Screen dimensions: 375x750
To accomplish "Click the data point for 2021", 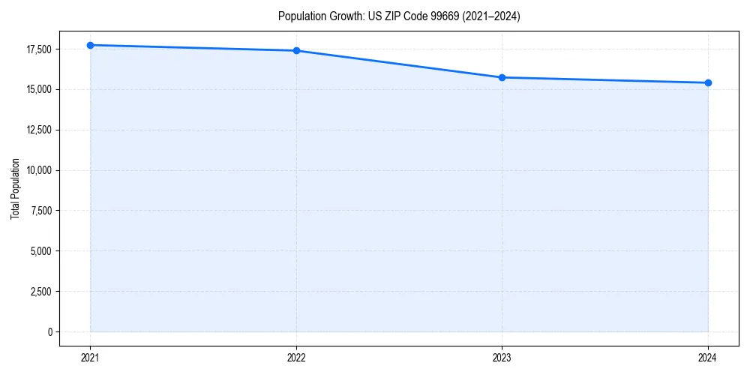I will click(x=90, y=45).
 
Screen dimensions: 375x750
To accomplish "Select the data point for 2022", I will click(x=296, y=50).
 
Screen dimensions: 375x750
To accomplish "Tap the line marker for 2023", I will click(x=502, y=77).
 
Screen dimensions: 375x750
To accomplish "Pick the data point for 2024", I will click(x=708, y=82).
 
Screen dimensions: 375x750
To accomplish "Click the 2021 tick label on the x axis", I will click(x=90, y=358).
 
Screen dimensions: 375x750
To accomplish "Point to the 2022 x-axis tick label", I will click(x=296, y=358).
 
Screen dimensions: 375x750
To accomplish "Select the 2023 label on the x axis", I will click(x=502, y=358).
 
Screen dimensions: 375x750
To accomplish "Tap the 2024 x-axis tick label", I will click(x=708, y=358).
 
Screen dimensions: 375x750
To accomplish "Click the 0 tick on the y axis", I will click(x=49, y=331).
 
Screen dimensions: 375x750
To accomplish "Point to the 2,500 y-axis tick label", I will click(x=40, y=291).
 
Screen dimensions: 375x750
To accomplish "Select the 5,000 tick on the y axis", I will click(x=40, y=250).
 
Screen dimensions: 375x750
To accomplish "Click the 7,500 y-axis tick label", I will click(x=40, y=211).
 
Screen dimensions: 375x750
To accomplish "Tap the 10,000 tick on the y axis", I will click(x=38, y=170).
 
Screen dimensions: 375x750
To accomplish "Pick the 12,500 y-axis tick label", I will click(x=38, y=130).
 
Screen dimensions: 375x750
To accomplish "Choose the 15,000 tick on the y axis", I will click(x=38, y=89).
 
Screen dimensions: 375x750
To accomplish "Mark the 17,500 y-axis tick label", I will click(x=38, y=49).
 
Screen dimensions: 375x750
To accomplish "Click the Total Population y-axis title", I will click(x=15, y=188).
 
